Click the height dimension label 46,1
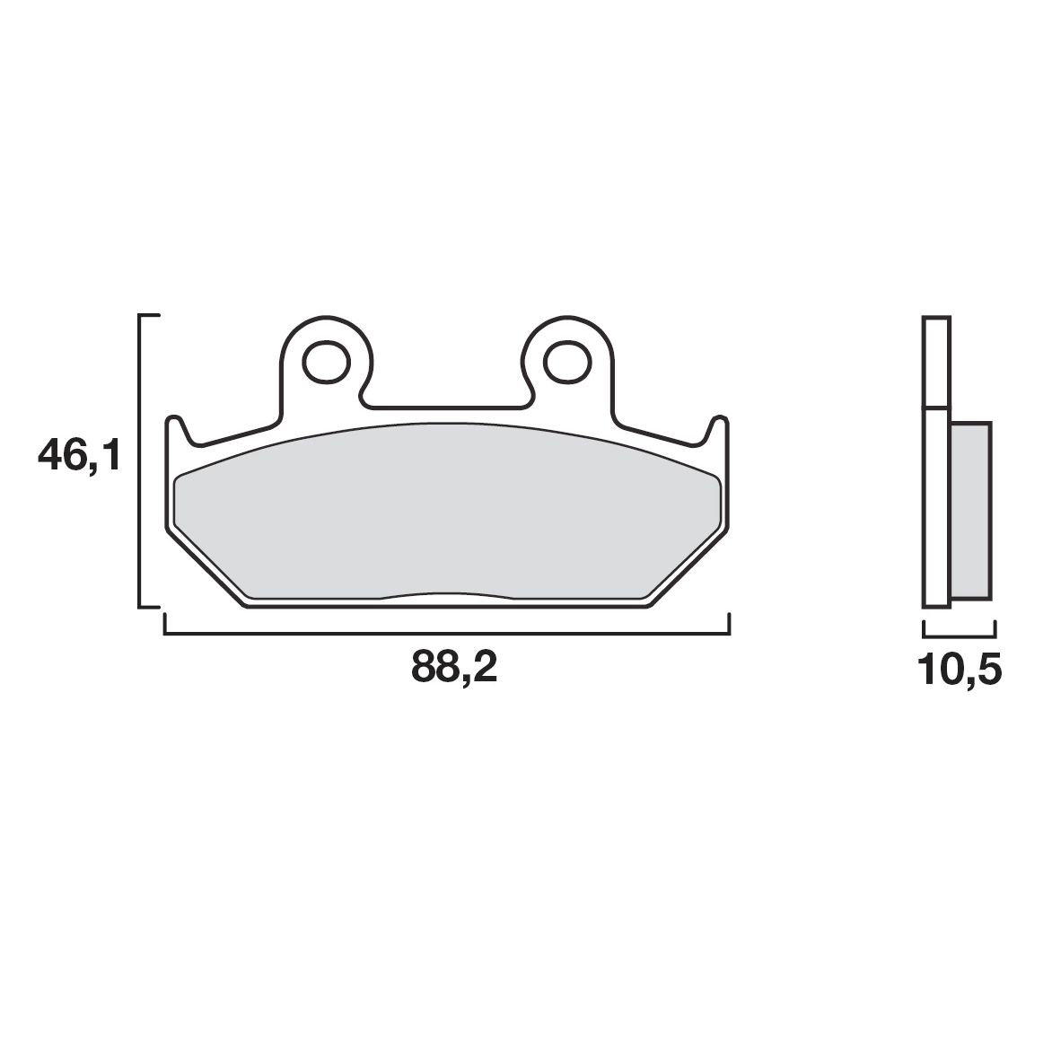[78, 457]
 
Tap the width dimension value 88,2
[454, 668]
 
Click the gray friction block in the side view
[970, 510]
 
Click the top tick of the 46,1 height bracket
[149, 316]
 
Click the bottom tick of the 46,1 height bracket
[149, 608]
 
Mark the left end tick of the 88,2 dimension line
[164, 625]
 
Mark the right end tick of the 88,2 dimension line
[730, 625]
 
